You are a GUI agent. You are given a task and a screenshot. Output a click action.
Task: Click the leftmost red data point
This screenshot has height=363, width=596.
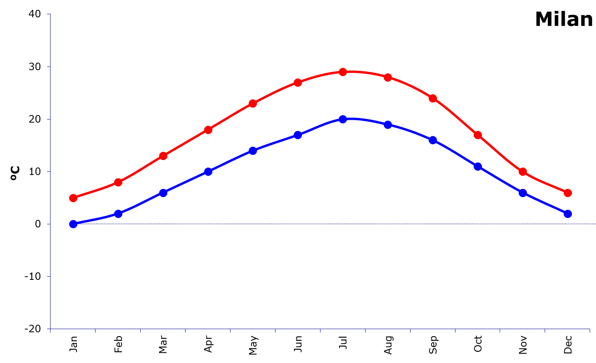tap(73, 198)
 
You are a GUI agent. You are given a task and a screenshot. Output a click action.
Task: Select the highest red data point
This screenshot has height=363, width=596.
tap(343, 72)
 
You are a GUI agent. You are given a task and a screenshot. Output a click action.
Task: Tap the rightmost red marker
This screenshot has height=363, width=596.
tap(568, 193)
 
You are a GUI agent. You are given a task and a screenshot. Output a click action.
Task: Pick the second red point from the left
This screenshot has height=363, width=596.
tap(118, 182)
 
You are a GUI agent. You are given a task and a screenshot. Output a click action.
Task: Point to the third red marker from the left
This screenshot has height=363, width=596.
tap(163, 156)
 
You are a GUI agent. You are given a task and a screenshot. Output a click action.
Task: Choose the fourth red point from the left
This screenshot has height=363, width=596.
tap(208, 130)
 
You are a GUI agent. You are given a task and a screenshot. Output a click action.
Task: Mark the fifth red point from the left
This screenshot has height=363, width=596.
tap(253, 103)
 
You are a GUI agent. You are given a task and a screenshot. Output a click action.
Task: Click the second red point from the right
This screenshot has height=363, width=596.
tap(523, 171)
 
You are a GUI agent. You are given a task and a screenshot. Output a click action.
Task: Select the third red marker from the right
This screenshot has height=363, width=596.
tap(478, 135)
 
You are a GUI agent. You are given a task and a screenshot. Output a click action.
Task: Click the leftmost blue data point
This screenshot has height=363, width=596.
tap(73, 224)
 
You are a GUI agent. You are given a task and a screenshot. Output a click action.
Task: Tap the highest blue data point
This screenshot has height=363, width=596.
tap(343, 119)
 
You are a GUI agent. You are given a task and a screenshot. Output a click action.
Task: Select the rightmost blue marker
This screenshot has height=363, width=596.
tap(568, 214)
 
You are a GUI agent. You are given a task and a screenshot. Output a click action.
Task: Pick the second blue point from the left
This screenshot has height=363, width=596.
tap(118, 214)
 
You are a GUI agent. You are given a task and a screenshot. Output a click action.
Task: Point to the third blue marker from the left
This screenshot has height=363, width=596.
tap(163, 193)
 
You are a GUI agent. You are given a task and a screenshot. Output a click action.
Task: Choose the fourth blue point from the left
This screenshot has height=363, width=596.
tap(208, 171)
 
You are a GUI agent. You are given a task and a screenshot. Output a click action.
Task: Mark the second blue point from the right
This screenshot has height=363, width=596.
tap(523, 193)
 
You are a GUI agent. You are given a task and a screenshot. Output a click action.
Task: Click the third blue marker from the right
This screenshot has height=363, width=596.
tap(478, 166)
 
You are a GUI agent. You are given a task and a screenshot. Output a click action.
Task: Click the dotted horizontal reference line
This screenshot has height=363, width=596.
tap(316, 224)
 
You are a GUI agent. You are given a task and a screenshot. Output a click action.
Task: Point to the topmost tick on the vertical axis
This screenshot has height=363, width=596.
tap(49, 14)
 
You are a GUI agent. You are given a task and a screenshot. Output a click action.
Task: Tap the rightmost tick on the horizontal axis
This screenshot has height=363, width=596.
tap(590, 331)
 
